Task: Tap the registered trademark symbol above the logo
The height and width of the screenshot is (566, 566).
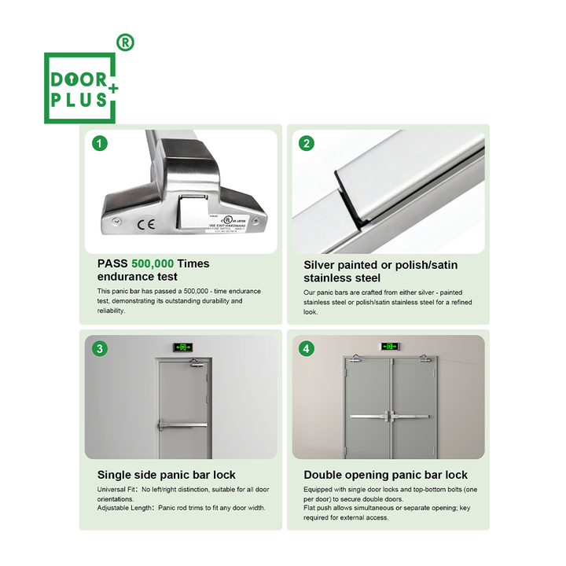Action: [x=124, y=42]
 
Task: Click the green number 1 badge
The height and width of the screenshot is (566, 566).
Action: [x=100, y=143]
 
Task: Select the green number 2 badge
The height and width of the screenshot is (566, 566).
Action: [x=307, y=143]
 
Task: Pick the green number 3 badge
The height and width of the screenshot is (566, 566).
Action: [x=100, y=348]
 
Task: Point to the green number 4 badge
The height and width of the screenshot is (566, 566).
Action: [x=307, y=348]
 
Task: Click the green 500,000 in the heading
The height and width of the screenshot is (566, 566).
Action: [x=153, y=264]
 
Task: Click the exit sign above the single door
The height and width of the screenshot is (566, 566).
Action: [x=184, y=346]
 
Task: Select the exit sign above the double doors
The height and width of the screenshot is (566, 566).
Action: [x=390, y=346]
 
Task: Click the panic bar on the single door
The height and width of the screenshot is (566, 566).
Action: [x=184, y=424]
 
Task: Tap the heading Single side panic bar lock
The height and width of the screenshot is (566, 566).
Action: [x=166, y=475]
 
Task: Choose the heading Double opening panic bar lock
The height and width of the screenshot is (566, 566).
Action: [x=385, y=475]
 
